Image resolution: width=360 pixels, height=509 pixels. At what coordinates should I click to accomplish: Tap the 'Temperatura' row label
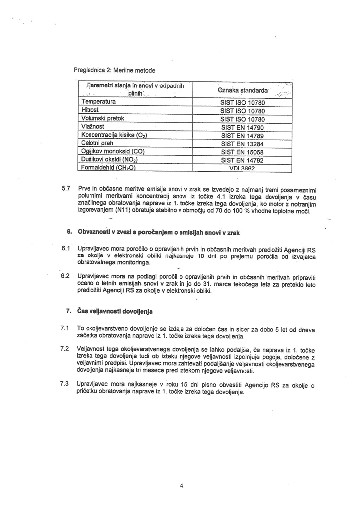point(98,102)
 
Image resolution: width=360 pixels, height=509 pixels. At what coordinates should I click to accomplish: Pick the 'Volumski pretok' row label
point(102,119)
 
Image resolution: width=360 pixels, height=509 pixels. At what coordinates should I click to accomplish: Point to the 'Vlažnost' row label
point(93,127)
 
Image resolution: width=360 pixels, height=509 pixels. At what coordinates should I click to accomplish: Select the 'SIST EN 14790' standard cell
point(242,127)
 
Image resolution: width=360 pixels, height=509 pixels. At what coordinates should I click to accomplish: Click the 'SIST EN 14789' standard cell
point(242,136)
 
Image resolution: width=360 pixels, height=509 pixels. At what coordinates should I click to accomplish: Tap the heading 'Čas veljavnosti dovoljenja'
point(114,312)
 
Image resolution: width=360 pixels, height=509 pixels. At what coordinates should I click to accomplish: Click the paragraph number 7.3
point(64,384)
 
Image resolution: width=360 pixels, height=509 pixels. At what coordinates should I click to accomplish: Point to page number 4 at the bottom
point(182,486)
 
